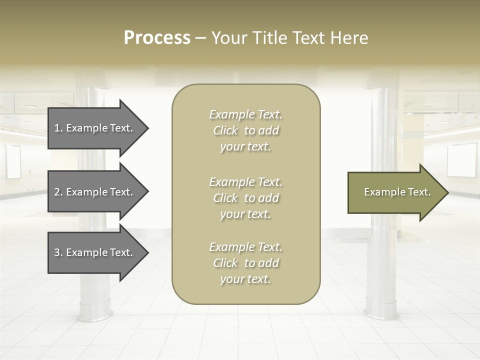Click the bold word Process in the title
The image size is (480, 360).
(157, 38)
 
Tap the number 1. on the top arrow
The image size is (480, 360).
(58, 128)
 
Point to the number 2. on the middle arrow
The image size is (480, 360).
(58, 192)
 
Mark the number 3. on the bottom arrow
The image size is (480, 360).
(58, 252)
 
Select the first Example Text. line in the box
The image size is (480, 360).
(245, 114)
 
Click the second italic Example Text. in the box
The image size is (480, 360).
(245, 182)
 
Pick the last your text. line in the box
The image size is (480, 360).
(245, 279)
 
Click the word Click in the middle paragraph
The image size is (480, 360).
(225, 198)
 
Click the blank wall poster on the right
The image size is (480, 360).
(462, 160)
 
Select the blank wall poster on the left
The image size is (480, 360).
(13, 162)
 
